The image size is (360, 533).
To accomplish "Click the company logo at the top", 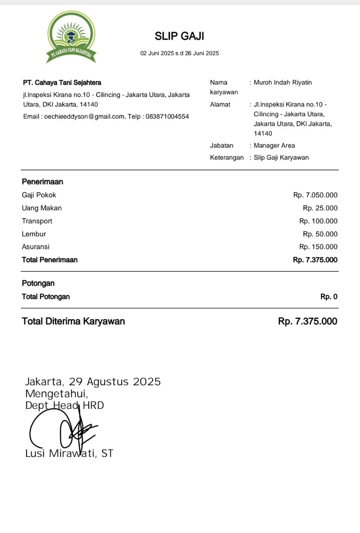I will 71,37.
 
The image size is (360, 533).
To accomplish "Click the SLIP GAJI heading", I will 179,36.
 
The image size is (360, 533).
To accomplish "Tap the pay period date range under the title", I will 179,53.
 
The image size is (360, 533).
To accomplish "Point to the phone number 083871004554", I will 167,117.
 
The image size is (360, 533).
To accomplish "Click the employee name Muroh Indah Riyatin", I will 282,83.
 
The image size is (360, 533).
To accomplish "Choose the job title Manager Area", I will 274,146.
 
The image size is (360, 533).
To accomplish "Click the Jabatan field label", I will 222,146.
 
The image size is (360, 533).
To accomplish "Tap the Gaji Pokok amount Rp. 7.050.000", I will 315,195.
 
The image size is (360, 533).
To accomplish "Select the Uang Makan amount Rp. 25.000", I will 320,208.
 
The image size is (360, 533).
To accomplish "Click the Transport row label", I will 37,221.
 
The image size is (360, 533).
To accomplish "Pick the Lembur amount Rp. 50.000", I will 320,234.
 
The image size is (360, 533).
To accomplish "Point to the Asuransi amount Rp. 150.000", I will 318,247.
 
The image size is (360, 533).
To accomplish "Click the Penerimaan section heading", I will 43,182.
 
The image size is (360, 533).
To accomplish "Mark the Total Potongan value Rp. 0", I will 329,297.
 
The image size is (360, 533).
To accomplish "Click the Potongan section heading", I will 38,283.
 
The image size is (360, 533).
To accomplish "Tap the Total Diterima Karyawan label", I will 73,321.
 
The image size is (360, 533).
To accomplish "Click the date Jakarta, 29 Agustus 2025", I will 93,382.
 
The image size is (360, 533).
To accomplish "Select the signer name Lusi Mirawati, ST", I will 69,453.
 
